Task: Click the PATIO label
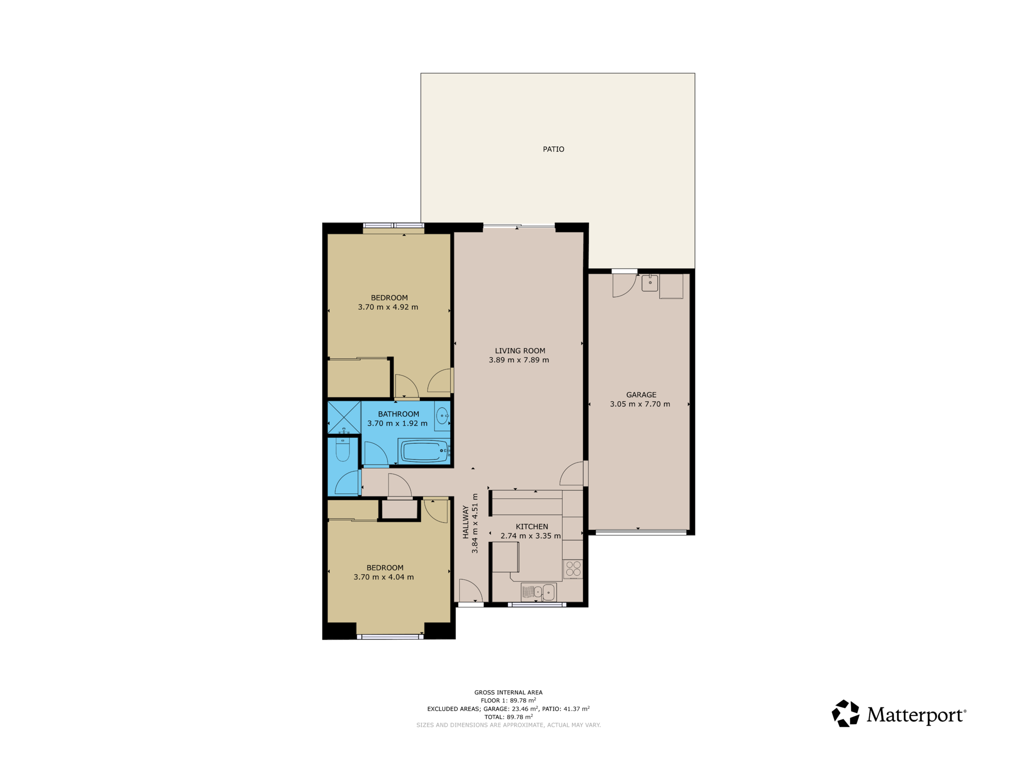tap(553, 149)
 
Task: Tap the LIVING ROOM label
tap(520, 351)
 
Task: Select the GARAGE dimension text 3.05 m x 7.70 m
tap(640, 404)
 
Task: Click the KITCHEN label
tap(531, 527)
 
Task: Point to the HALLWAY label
tap(465, 522)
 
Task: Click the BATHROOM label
tap(398, 414)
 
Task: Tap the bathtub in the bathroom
tap(424, 451)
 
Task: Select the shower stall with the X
tap(344, 417)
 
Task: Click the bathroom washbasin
tap(442, 416)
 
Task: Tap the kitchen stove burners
tap(573, 569)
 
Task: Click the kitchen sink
tap(538, 592)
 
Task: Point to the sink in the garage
tap(650, 283)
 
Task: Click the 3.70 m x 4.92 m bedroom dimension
tap(388, 307)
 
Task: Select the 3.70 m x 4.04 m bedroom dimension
tap(383, 577)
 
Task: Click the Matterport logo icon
tap(845, 713)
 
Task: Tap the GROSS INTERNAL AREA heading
tap(508, 692)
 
